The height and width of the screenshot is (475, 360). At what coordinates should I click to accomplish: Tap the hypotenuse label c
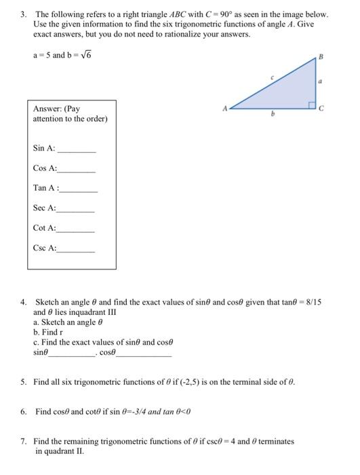[272, 78]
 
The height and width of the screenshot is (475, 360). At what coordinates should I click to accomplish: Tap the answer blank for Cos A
[76, 170]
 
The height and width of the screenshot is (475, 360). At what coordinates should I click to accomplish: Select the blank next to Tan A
[79, 191]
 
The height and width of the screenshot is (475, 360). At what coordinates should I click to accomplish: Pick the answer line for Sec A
[76, 211]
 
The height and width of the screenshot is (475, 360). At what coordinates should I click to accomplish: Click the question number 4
[23, 302]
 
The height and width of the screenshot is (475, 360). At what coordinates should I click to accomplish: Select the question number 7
[23, 441]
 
